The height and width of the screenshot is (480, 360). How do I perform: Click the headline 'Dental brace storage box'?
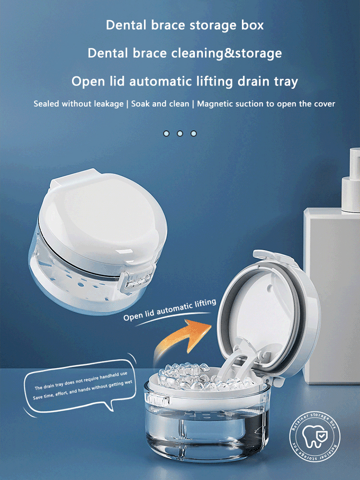pos(185,25)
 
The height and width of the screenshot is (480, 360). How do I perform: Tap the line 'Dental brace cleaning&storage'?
pos(185,53)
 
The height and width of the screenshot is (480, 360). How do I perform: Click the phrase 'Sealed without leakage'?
pos(79,104)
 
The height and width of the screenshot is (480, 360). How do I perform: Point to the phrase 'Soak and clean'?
pos(160,104)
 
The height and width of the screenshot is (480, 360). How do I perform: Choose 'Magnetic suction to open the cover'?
pos(266,104)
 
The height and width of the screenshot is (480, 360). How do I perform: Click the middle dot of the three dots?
pos(180,133)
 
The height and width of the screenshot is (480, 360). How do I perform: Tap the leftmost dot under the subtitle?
pos(166,133)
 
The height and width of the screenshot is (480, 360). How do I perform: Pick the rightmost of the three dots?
pos(193,133)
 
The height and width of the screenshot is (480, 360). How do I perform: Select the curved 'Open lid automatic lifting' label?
pos(170,310)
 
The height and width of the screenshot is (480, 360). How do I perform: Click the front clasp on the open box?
pos(157,399)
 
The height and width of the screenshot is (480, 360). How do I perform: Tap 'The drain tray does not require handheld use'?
pos(81,381)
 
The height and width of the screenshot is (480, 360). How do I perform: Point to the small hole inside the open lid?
pos(269,288)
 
